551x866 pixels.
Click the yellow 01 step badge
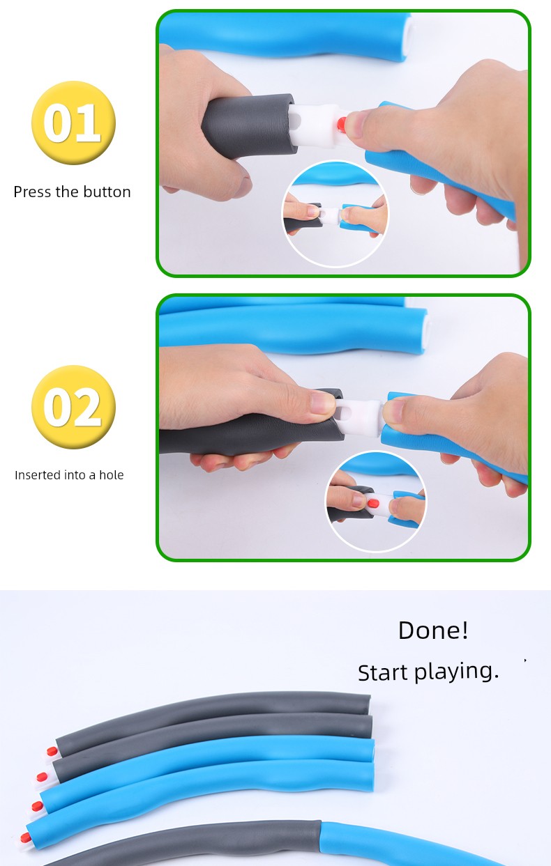tap(73, 123)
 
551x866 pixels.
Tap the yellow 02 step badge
tap(73, 407)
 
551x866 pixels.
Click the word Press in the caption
tap(33, 192)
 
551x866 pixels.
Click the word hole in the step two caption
tap(111, 474)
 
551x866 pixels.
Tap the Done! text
tap(433, 631)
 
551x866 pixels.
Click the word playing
tap(456, 673)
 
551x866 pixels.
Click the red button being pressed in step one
tap(342, 125)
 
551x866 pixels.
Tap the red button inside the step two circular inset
tap(373, 503)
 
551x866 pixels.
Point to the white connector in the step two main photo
tap(358, 417)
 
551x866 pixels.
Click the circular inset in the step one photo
tap(335, 214)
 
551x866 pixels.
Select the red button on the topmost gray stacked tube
tap(52, 751)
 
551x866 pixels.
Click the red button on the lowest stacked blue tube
tap(26, 838)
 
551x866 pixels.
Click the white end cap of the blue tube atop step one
tap(408, 37)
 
